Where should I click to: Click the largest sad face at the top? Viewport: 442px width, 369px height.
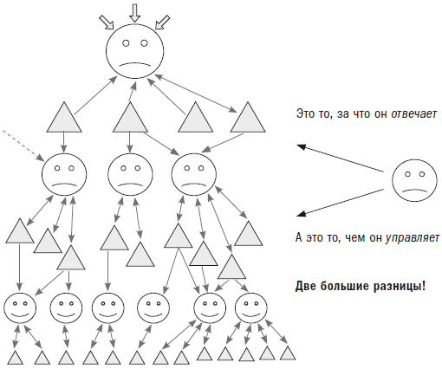click(x=135, y=51)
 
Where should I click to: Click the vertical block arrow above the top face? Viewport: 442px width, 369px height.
click(x=134, y=13)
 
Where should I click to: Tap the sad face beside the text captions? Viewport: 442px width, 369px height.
click(x=414, y=180)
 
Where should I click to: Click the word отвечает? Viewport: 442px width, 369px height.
click(x=414, y=114)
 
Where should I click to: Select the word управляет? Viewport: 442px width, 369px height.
click(x=413, y=237)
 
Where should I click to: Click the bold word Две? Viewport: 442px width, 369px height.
click(x=306, y=286)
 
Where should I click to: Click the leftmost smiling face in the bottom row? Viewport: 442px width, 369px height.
click(x=20, y=307)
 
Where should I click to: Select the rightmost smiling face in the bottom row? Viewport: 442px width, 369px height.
click(x=250, y=307)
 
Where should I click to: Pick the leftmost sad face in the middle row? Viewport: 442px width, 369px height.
click(x=64, y=174)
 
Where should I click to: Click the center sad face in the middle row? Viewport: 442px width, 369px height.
click(x=130, y=174)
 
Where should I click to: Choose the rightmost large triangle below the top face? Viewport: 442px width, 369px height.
click(x=248, y=117)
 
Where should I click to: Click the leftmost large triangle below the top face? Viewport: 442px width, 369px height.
click(x=64, y=117)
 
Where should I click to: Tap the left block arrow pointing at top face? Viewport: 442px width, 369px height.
click(x=107, y=23)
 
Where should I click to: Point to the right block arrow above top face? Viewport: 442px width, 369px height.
click(x=162, y=23)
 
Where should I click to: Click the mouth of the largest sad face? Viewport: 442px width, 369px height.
click(x=135, y=64)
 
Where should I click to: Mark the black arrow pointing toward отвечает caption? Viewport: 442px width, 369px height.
click(x=341, y=159)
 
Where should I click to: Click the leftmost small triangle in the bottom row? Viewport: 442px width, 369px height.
click(x=15, y=358)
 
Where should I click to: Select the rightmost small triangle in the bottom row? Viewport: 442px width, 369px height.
click(x=288, y=353)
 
